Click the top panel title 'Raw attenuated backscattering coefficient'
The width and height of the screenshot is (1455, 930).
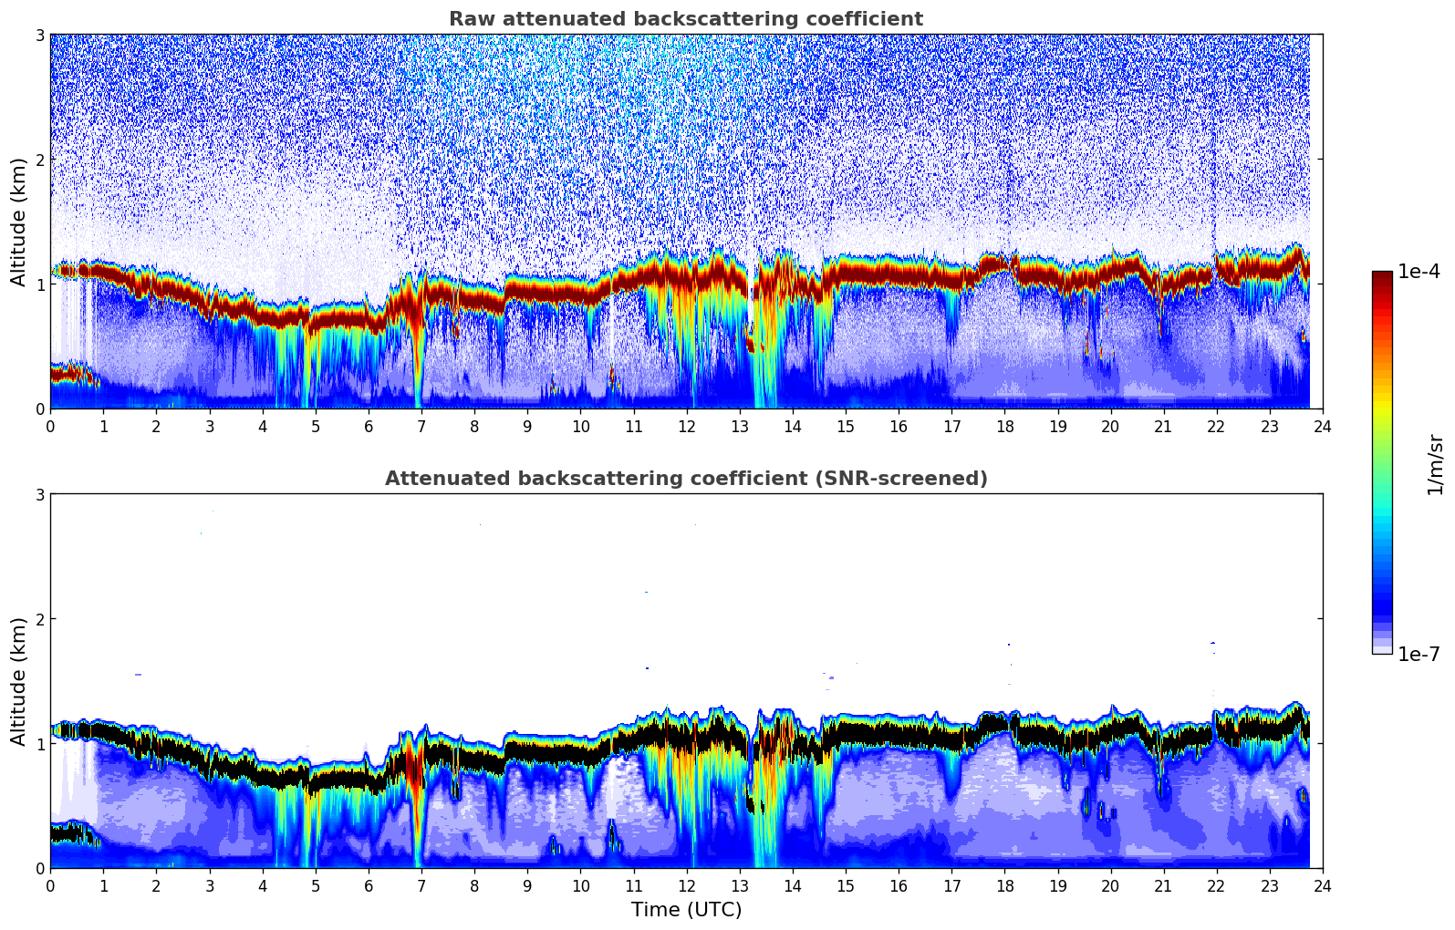[x=685, y=19]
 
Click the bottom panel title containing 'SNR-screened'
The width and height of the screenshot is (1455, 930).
[x=685, y=479]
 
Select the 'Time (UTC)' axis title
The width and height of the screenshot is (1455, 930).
[x=686, y=909]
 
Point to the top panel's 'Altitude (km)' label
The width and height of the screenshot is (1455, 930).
[x=18, y=222]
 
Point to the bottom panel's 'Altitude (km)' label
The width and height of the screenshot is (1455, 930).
[x=18, y=681]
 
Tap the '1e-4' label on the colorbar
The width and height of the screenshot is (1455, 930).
[x=1419, y=272]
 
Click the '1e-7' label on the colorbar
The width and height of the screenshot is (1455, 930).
[x=1419, y=654]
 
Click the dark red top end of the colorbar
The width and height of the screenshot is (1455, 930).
[x=1382, y=275]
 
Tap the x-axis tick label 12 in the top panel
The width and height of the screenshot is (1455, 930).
[x=686, y=426]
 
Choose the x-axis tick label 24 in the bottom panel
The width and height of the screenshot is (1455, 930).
[x=1322, y=885]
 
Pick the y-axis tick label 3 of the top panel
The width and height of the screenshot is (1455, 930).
[x=39, y=35]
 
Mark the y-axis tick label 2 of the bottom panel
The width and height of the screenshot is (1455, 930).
[x=39, y=619]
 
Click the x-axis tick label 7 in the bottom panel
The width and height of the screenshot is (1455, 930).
[x=421, y=885]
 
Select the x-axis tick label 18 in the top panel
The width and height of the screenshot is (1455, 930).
[x=1004, y=426]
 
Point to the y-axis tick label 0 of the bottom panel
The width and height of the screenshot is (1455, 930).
[x=39, y=868]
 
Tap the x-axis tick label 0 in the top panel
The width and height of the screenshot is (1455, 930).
[x=50, y=426]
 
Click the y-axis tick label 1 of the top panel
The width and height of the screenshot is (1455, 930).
[x=39, y=284]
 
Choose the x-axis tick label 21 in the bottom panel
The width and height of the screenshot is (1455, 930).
[x=1163, y=885]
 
